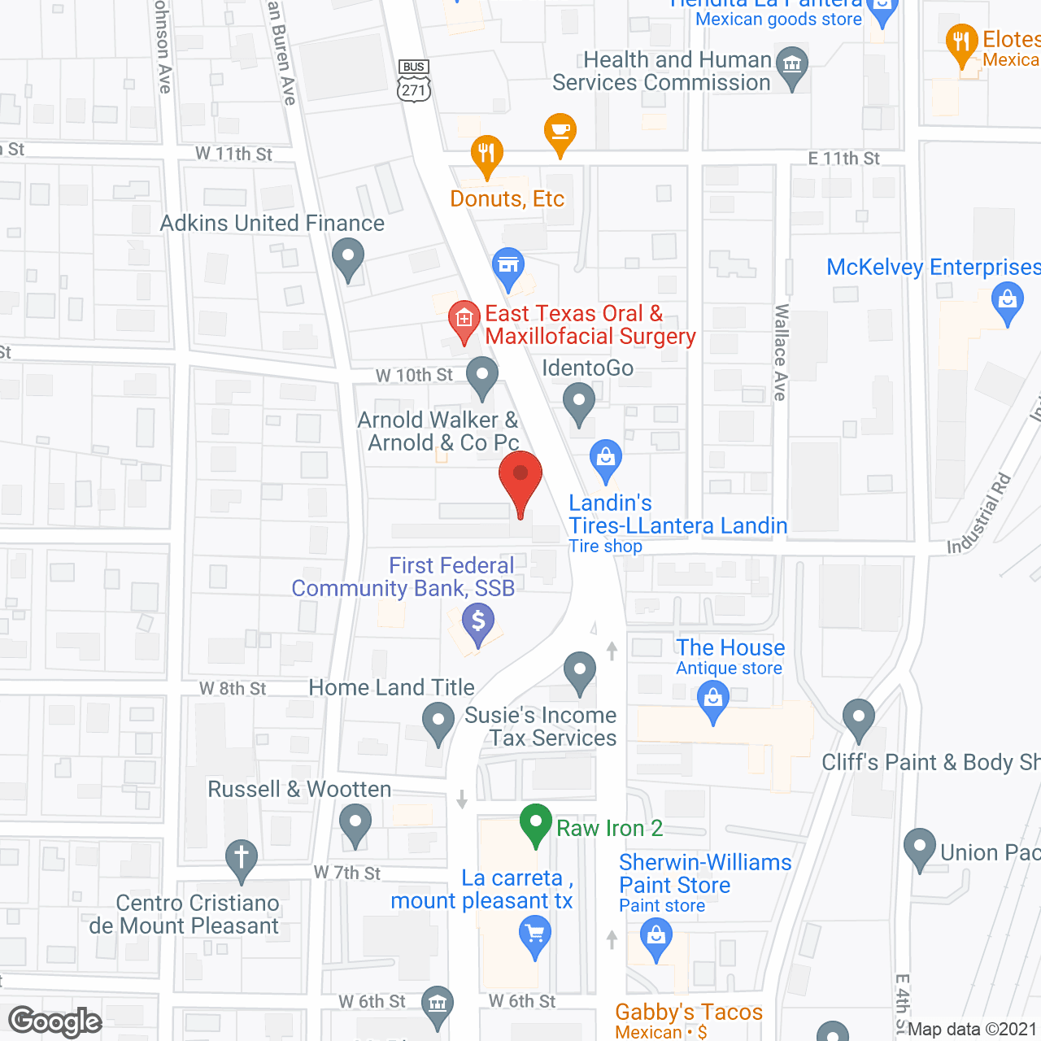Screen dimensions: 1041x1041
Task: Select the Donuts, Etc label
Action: coord(507,199)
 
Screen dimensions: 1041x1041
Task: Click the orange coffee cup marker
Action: coord(560,133)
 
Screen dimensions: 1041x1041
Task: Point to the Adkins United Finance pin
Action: coord(348,258)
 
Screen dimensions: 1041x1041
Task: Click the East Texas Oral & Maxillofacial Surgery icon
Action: coord(464,320)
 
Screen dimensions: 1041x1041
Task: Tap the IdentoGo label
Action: coord(587,368)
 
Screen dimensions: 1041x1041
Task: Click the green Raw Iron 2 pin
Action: coord(536,823)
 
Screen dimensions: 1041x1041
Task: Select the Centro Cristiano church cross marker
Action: coord(242,859)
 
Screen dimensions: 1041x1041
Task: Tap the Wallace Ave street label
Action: coord(781,351)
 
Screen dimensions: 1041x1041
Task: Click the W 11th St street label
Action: coord(233,154)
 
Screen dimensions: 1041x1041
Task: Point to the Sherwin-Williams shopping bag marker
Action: coord(656,938)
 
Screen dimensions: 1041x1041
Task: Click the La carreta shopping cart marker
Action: coord(535,934)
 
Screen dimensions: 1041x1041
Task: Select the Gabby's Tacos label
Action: coord(689,1012)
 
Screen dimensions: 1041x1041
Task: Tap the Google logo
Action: coord(55,1021)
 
